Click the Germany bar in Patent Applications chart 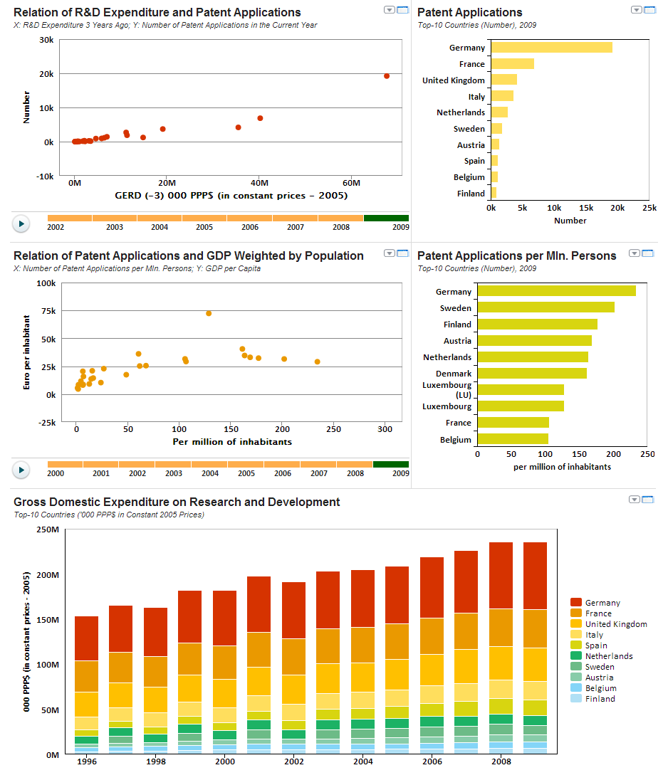[551, 48]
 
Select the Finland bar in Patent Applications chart [494, 194]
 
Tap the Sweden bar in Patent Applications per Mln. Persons [546, 307]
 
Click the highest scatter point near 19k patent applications [387, 76]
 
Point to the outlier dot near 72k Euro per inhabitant [209, 313]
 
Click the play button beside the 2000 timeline [21, 470]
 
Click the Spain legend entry [595, 645]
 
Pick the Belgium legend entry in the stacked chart [600, 688]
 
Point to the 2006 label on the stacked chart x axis [432, 761]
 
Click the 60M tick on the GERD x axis [351, 183]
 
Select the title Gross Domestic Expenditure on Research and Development [177, 502]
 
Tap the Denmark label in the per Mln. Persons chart [453, 374]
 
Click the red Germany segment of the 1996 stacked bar [86, 638]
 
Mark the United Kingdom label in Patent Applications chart [453, 80]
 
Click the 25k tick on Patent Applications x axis [649, 208]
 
